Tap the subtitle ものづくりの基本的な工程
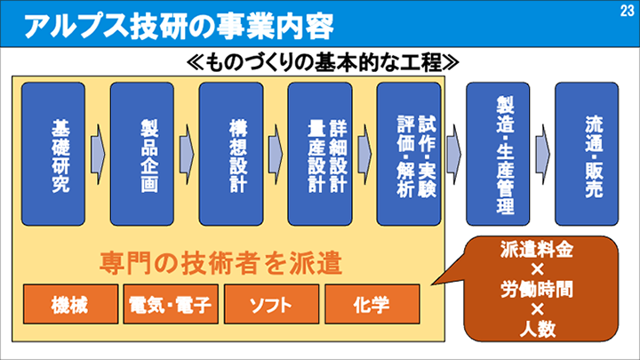tap(323, 63)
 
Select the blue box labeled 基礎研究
tap(53, 153)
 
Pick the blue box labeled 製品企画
tap(142, 153)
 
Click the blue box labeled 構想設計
tap(231, 153)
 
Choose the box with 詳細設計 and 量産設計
tap(320, 153)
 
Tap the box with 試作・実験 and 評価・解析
tap(409, 153)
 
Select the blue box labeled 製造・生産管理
tap(499, 153)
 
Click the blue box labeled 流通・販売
tap(587, 153)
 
